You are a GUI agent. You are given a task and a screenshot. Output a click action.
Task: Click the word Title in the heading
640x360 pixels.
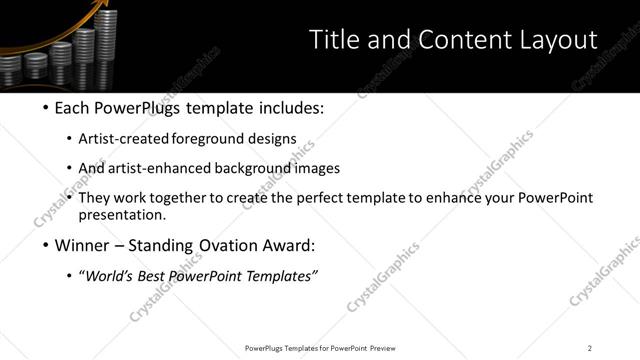tap(334, 40)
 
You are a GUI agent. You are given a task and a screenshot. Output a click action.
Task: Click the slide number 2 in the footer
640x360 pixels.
tap(589, 348)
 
